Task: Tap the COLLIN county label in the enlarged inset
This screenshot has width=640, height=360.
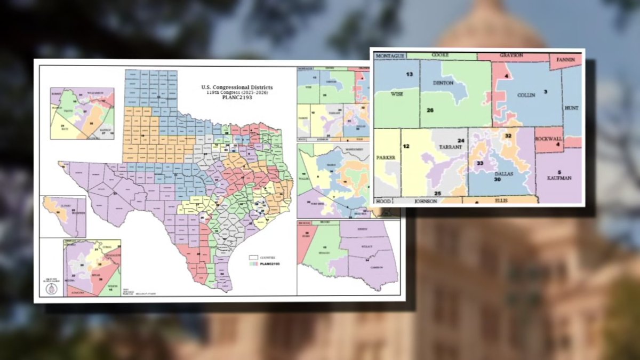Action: [x=526, y=95]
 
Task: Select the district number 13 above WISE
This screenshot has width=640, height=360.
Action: [x=410, y=74]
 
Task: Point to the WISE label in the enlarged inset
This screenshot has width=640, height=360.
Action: [x=397, y=93]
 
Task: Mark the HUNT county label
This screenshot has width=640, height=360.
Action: [x=571, y=108]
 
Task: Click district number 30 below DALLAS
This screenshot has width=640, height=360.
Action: [x=497, y=180]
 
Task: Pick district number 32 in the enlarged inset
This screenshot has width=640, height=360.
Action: [x=508, y=136]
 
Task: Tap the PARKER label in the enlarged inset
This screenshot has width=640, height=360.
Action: [x=386, y=158]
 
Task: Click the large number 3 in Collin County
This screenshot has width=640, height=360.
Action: [x=545, y=92]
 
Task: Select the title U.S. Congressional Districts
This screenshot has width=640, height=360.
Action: [x=237, y=87]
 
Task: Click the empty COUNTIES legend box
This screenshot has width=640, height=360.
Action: [x=253, y=258]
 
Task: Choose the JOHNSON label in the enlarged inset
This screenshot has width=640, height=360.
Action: [x=426, y=202]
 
